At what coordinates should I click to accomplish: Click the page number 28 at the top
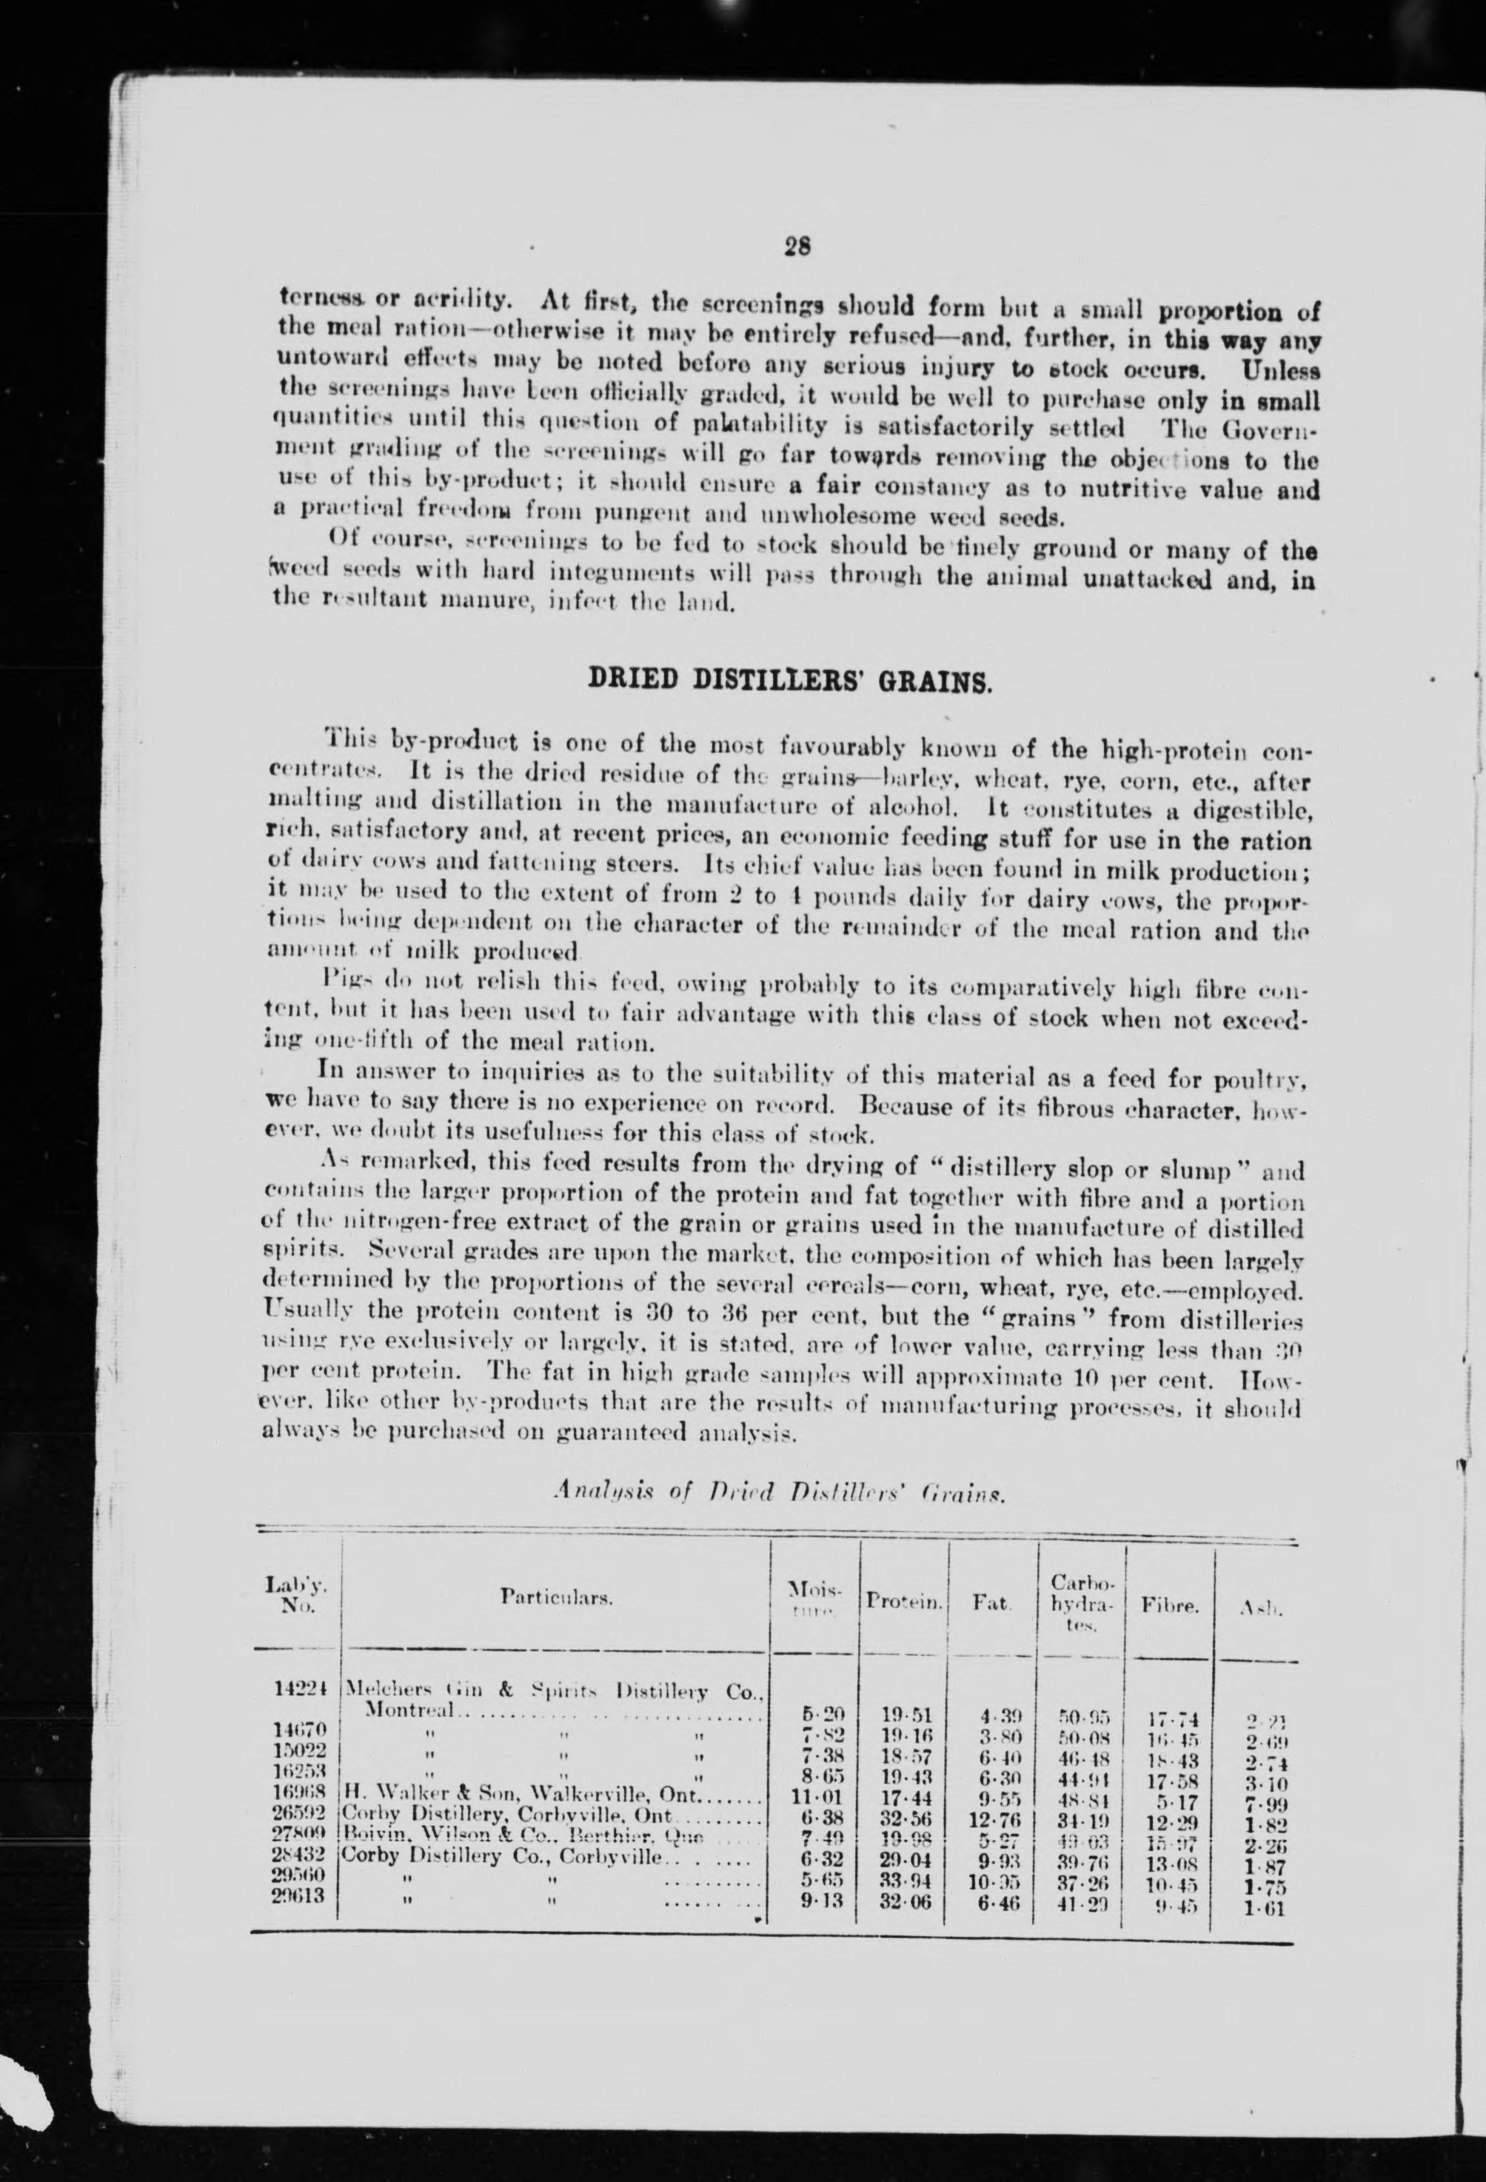(798, 246)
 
